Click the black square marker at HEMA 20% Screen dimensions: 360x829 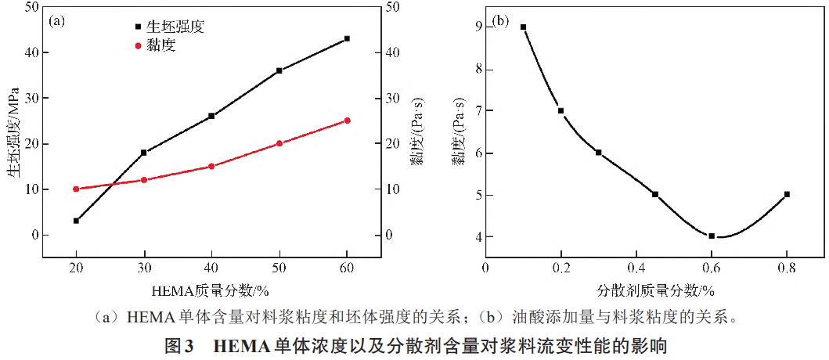coord(76,221)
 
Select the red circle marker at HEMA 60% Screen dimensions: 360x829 coord(347,121)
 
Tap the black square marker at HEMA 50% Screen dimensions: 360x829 coord(279,70)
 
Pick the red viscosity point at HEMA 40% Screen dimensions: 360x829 coord(211,166)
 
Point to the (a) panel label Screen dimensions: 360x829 coord(56,21)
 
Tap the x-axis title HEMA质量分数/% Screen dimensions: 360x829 coord(211,291)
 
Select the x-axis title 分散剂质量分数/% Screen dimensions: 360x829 coord(657,290)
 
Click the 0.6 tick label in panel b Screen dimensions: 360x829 coord(712,268)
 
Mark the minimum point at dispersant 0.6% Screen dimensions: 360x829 coord(712,236)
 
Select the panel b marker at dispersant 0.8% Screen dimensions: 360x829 coord(787,194)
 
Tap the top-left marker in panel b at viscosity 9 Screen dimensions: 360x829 coord(523,27)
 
